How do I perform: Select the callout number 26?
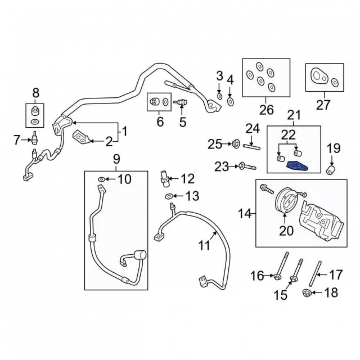pos(267,110)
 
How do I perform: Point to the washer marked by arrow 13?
pos(169,196)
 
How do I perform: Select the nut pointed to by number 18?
pos(306,293)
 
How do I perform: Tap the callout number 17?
pos(336,275)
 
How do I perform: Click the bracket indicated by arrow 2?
pos(81,137)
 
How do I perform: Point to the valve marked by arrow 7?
pos(35,138)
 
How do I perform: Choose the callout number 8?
pos(36,93)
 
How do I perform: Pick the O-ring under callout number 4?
pos(230,101)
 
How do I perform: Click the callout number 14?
pos(245,214)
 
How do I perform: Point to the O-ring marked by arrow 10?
pos(101,179)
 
